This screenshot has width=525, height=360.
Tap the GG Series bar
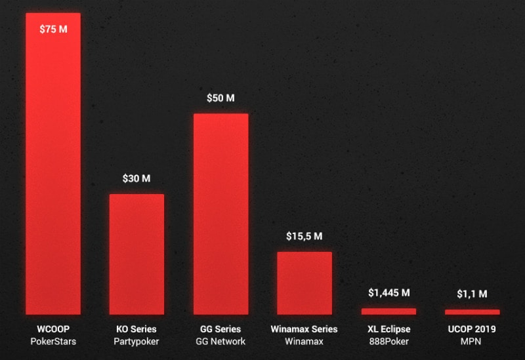pos(220,214)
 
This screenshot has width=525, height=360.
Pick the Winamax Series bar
pos(304,283)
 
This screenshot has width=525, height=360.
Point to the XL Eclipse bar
pos(388,311)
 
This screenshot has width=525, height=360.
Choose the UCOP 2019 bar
pos(472,311)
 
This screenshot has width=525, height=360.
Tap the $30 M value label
pos(136,178)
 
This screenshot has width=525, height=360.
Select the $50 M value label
pos(220,98)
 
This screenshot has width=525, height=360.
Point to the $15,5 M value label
pos(304,236)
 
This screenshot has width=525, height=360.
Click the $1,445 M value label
pos(388,292)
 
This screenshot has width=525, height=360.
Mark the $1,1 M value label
pos(472,294)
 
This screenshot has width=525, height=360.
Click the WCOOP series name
pos(52,329)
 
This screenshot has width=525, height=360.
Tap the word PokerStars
pos(52,342)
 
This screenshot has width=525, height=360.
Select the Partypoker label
pos(136,342)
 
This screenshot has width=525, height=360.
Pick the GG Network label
pos(220,342)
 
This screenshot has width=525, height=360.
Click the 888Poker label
pos(388,342)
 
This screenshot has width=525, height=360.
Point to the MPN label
pos(472,342)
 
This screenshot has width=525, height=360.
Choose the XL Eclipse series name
pos(388,329)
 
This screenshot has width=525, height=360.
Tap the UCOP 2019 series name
pos(472,329)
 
